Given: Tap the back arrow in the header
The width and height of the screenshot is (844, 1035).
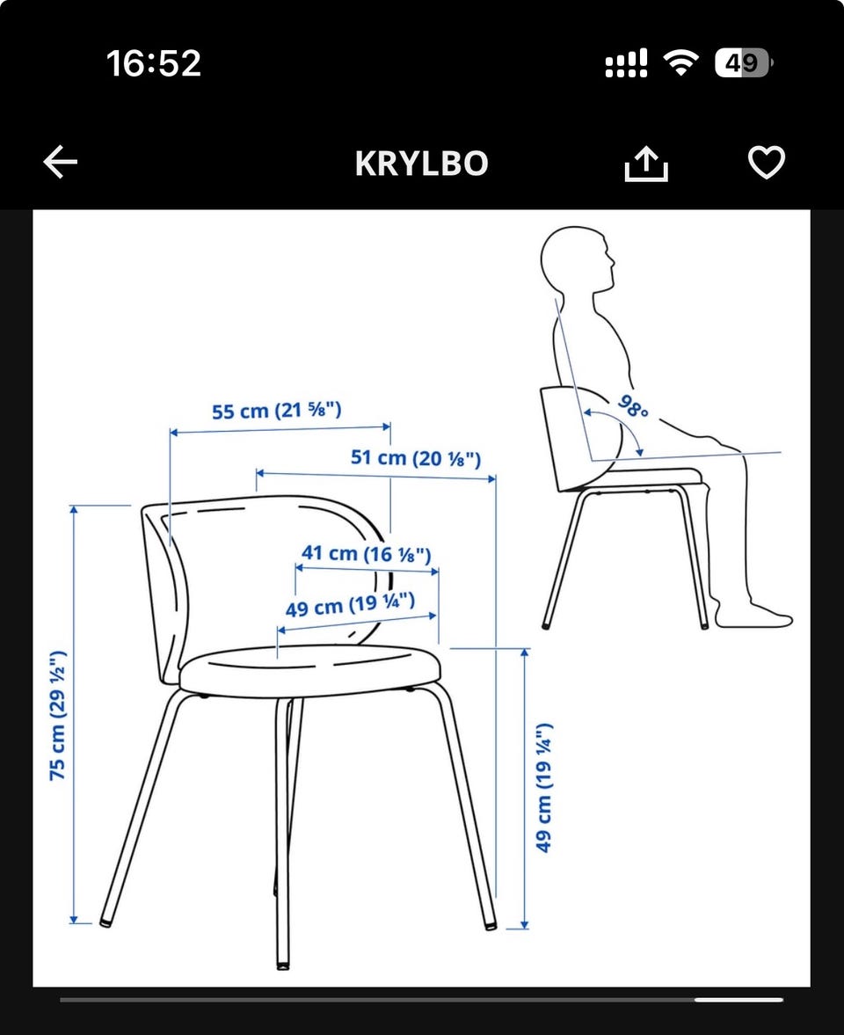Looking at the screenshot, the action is pyautogui.click(x=61, y=163).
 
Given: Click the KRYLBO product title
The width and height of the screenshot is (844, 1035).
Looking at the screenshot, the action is pyautogui.click(x=422, y=164).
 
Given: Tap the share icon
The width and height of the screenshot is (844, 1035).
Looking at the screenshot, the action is pyautogui.click(x=646, y=163).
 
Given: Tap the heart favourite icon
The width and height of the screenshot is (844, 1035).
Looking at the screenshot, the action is pyautogui.click(x=766, y=163).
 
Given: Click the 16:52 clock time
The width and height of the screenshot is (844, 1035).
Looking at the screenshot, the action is pyautogui.click(x=154, y=63).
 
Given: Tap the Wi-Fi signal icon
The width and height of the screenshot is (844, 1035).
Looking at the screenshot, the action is pyautogui.click(x=681, y=62).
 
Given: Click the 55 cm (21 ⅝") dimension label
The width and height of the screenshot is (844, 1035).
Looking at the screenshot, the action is pyautogui.click(x=276, y=411).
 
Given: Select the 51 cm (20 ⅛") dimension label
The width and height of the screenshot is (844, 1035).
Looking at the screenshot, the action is pyautogui.click(x=416, y=457).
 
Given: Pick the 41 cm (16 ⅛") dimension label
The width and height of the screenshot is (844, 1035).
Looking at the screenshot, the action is pyautogui.click(x=367, y=553).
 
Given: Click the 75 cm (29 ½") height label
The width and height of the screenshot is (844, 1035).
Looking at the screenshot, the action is pyautogui.click(x=58, y=716).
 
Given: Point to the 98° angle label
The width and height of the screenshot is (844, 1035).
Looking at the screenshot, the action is pyautogui.click(x=633, y=406).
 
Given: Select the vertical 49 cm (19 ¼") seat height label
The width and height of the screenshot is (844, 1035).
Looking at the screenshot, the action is pyautogui.click(x=543, y=788).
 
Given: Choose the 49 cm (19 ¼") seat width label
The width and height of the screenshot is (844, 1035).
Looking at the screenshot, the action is pyautogui.click(x=351, y=605).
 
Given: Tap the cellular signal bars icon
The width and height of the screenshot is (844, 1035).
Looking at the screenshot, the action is pyautogui.click(x=626, y=62).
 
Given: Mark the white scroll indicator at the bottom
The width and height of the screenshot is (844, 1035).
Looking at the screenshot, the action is pyautogui.click(x=738, y=999).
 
